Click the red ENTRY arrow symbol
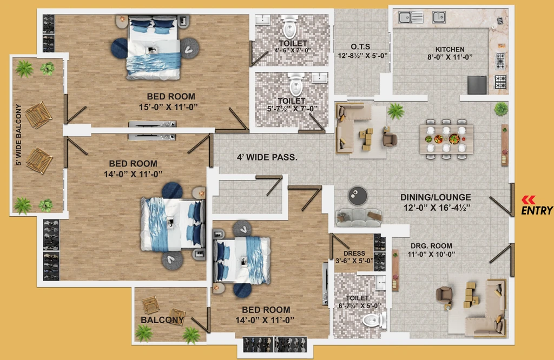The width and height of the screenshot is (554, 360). [x=529, y=200]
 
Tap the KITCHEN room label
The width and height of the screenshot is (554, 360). [x=450, y=49]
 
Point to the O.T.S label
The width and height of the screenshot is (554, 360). [x=360, y=46]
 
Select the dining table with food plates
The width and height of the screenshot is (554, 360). [x=446, y=139]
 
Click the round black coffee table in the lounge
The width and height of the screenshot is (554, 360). [x=358, y=195]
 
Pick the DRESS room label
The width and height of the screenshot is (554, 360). [x=354, y=254]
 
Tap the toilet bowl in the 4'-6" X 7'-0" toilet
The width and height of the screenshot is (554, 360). [x=290, y=27]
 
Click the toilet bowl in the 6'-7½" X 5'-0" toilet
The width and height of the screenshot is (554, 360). [x=373, y=321]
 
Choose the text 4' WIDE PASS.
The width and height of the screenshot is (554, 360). [x=267, y=157]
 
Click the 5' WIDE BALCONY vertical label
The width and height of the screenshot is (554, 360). [x=19, y=135]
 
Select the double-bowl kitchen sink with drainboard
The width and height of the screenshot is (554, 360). [x=411, y=17]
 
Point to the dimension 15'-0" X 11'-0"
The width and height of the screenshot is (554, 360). [x=168, y=107]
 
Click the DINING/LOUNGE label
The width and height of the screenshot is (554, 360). [x=436, y=197]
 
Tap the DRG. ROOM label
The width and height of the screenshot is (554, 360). [x=431, y=246]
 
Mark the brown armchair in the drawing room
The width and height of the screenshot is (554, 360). [x=444, y=296]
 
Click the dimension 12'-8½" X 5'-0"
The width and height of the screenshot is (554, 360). [x=362, y=56]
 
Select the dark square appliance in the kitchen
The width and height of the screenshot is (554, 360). [x=477, y=85]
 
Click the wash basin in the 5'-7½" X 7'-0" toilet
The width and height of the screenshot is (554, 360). [x=320, y=78]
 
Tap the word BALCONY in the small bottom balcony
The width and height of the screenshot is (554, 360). [x=162, y=320]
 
